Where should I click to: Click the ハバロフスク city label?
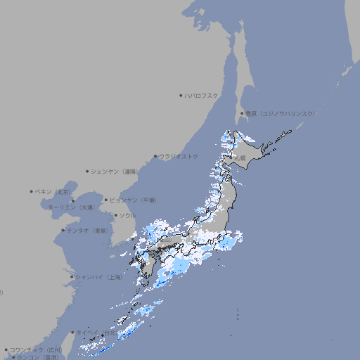pos(202,95)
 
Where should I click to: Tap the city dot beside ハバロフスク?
pos(181,95)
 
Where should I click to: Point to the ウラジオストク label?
pos(179,156)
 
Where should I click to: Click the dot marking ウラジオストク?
pos(155,157)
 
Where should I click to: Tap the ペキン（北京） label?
pos(53,191)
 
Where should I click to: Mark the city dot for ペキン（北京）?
pos(32,191)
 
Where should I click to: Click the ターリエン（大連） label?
pos(70,207)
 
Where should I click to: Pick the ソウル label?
pos(127,216)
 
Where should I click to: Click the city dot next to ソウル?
pos(115,216)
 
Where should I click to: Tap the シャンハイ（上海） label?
pos(98,278)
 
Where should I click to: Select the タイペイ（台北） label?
pos(96,332)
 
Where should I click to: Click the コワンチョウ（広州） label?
pos(36,349)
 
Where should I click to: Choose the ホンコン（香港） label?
pos(38,357)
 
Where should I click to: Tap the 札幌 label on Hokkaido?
pos(241,157)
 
